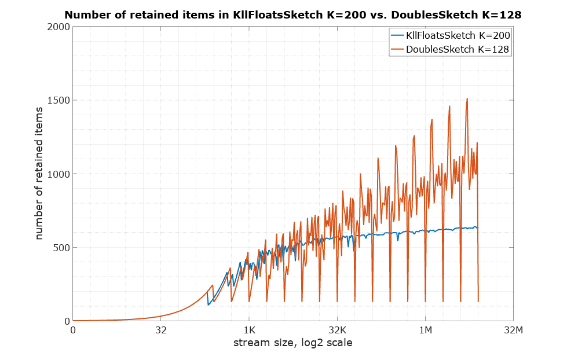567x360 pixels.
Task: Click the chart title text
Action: point(293,16)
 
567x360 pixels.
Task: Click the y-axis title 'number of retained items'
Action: point(39,174)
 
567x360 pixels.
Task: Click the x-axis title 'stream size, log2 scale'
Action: point(292,343)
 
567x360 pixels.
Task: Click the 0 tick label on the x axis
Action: point(73,330)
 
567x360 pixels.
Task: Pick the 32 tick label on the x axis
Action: point(161,330)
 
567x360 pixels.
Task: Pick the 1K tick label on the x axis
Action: point(249,330)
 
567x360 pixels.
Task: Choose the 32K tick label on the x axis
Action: point(337,330)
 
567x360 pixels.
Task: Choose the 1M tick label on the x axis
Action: point(425,330)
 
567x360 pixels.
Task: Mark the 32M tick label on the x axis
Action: point(513,330)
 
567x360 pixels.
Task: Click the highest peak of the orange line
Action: point(467,98)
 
